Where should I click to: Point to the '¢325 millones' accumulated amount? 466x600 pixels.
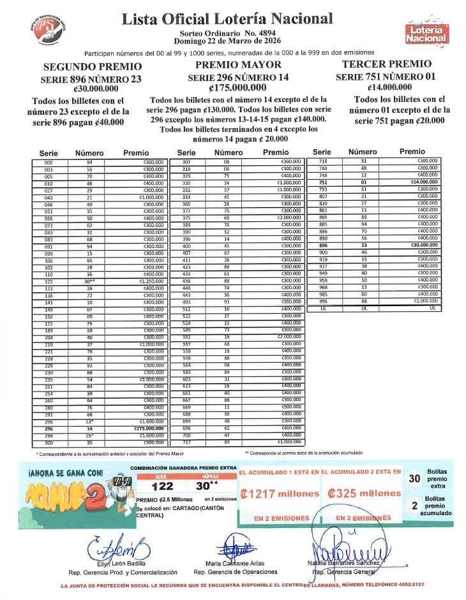pos(363,494)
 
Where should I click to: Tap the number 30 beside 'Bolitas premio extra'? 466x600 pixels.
pos(414,479)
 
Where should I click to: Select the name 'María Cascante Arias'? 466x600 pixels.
pos(236,564)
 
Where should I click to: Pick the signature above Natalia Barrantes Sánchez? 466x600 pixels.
pos(349,548)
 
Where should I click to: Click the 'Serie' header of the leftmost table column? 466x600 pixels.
pos(49,153)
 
